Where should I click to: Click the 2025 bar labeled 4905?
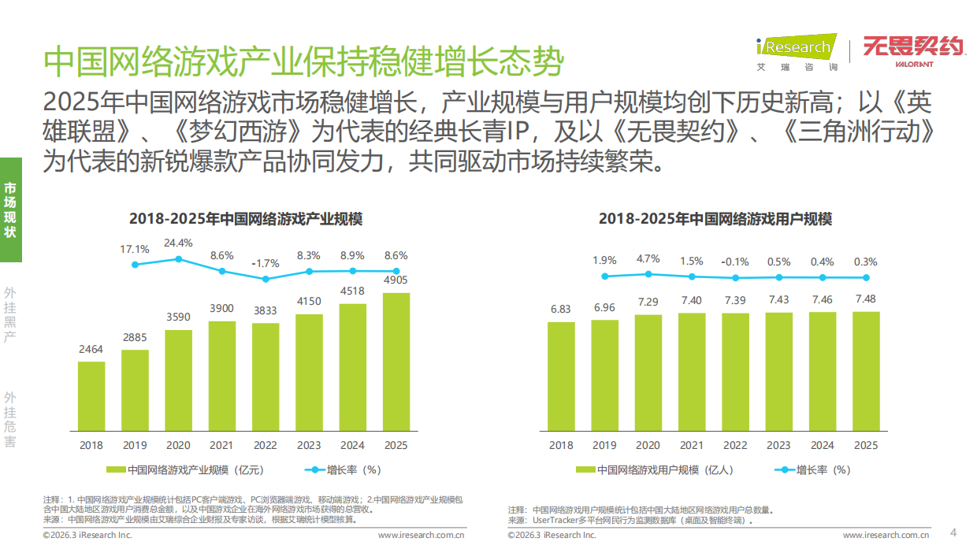[396, 362]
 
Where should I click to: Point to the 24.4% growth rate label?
[178, 243]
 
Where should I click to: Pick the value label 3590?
[178, 317]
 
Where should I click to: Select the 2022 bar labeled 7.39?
[735, 372]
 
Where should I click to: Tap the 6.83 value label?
[560, 309]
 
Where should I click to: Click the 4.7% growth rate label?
[648, 259]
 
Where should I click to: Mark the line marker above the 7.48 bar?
[866, 277]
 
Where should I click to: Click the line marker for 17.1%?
[135, 265]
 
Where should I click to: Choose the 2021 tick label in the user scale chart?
[692, 445]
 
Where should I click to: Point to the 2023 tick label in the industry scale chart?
[309, 445]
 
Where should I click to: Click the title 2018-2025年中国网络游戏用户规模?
[715, 219]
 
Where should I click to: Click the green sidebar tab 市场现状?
[10, 210]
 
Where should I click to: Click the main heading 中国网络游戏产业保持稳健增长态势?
[304, 61]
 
